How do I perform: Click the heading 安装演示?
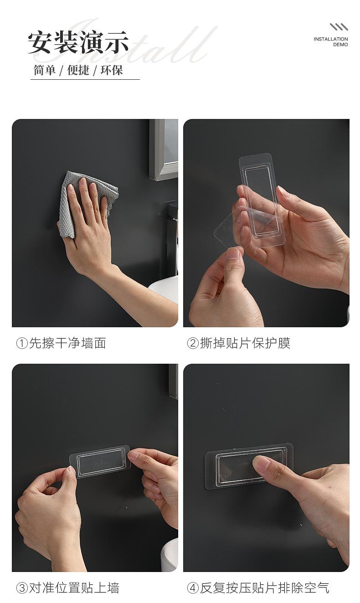pyautogui.click(x=78, y=42)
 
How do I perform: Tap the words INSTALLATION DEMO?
pyautogui.click(x=331, y=42)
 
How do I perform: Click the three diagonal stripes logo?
pyautogui.click(x=339, y=27)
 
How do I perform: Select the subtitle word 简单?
pyautogui.click(x=44, y=70)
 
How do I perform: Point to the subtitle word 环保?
pyautogui.click(x=112, y=70)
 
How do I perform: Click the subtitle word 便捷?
pyautogui.click(x=78, y=70)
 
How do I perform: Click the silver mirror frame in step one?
pyautogui.click(x=163, y=149)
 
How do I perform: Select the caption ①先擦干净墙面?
pyautogui.click(x=61, y=343)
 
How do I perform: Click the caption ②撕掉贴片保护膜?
pyautogui.click(x=239, y=343)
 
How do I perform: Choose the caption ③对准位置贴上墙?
pyautogui.click(x=68, y=588)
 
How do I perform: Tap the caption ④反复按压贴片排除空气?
pyautogui.click(x=258, y=588)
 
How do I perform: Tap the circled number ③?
pyautogui.click(x=22, y=588)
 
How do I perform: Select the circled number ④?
pyautogui.click(x=193, y=588)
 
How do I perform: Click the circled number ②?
pyautogui.click(x=193, y=344)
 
